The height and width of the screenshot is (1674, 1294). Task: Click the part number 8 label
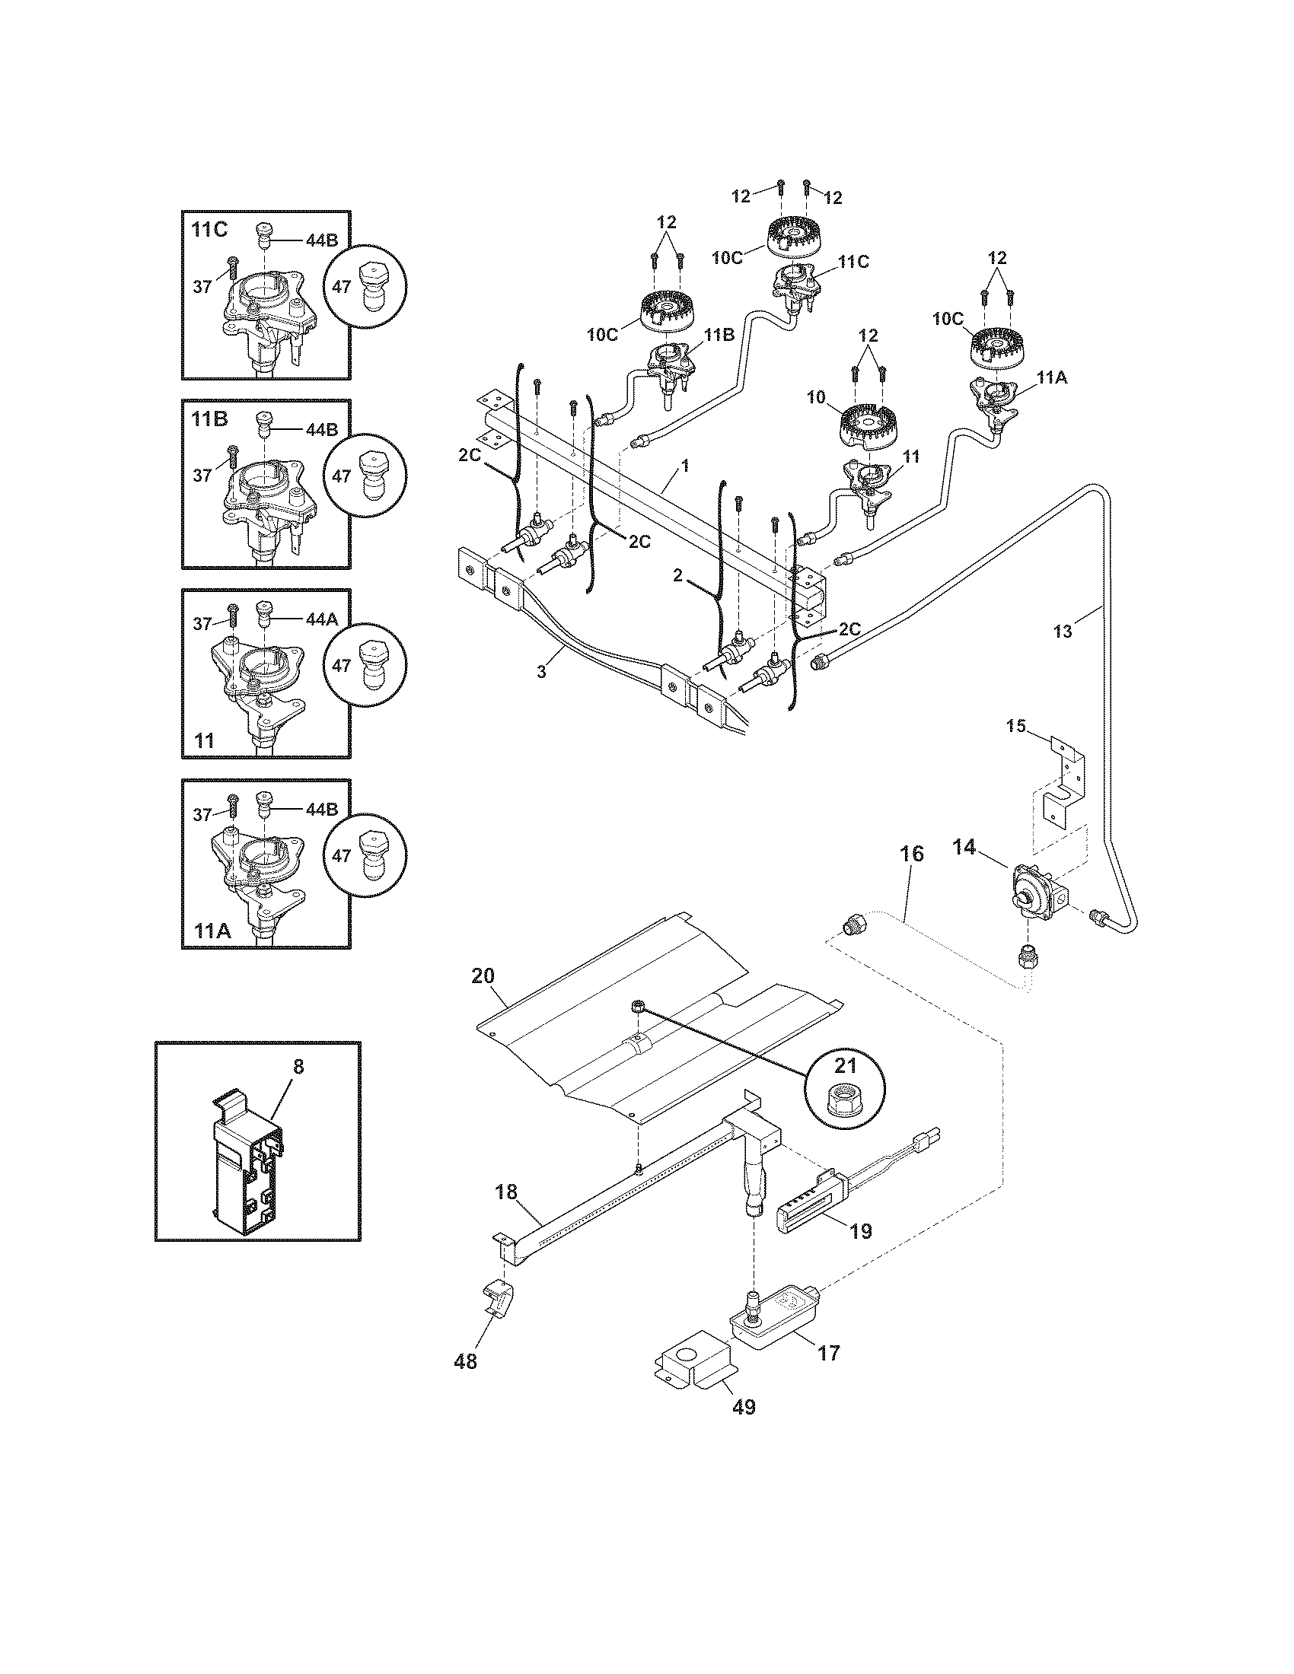click(298, 1066)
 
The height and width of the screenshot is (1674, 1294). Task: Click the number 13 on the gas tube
click(1063, 632)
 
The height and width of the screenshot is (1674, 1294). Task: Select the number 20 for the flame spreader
click(483, 976)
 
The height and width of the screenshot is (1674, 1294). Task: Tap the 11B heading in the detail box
click(208, 419)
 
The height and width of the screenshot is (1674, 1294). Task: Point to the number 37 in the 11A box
click(202, 815)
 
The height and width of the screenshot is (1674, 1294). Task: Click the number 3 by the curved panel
click(541, 671)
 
